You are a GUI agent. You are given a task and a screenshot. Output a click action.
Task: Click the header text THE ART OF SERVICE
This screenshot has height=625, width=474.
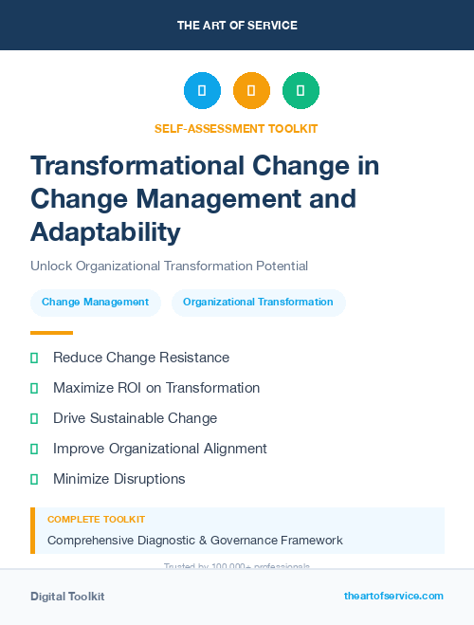point(237,26)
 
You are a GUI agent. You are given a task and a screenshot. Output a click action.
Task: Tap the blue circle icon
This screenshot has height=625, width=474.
point(202,91)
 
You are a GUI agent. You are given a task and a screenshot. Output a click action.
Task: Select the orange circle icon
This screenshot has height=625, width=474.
point(251,91)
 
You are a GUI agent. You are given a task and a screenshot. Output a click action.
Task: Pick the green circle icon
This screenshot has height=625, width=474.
point(301,91)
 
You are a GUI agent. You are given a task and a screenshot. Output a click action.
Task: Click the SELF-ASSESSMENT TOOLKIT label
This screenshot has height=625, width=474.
point(236,128)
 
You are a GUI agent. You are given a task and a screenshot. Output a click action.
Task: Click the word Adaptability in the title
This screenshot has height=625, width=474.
point(104,231)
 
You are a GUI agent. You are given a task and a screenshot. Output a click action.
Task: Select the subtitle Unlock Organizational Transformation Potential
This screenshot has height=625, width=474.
point(169,267)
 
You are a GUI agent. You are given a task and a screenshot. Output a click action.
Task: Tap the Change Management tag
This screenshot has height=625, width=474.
point(95,303)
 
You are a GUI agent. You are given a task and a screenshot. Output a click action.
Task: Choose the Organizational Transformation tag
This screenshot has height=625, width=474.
point(258,303)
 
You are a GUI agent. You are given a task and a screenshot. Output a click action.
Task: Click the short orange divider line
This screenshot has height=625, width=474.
point(51,333)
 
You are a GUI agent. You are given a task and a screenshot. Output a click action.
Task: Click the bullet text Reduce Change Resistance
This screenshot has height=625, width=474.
point(141,358)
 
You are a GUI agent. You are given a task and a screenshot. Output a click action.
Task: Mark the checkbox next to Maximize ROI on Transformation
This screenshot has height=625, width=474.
point(34,388)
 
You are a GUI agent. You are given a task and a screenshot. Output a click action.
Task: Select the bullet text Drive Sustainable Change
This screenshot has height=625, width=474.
point(135,418)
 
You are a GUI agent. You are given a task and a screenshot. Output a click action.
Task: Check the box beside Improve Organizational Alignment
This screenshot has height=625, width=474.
point(34,449)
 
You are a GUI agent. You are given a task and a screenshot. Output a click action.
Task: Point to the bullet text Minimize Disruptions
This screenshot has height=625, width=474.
point(118,479)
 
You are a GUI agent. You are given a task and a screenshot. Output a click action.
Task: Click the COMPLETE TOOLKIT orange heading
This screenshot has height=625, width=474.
point(96,520)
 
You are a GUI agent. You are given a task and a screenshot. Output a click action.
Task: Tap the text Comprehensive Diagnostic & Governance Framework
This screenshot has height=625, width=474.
point(194,541)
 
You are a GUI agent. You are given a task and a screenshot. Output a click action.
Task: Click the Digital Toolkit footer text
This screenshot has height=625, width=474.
point(67,597)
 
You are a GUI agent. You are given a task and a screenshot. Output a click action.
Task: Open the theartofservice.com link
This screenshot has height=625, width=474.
point(393,596)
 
